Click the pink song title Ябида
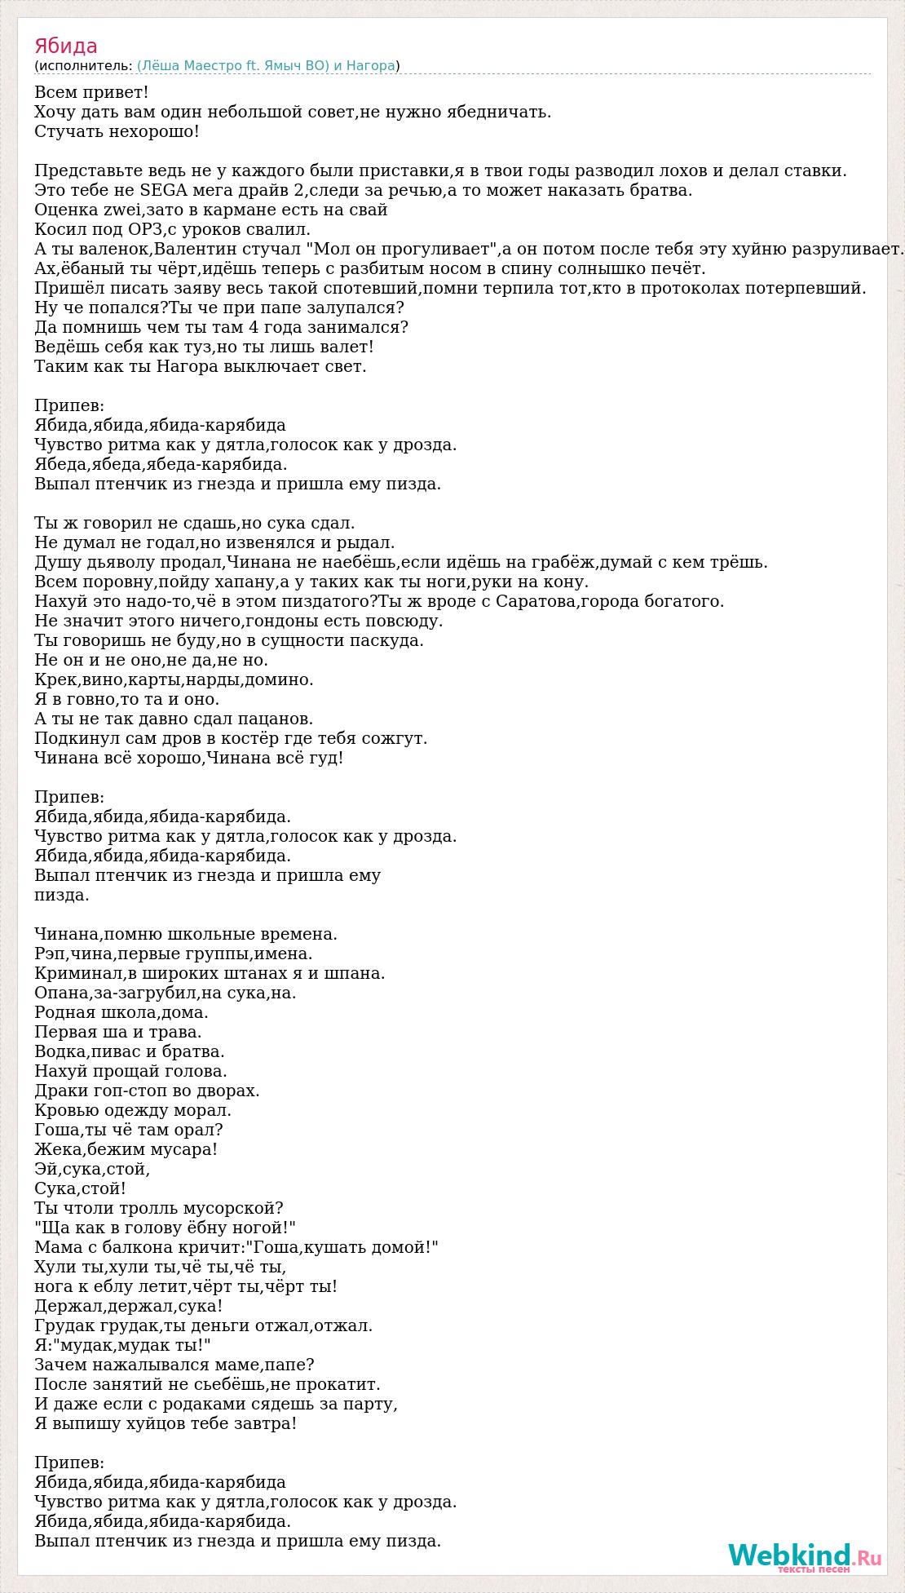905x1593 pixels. pos(66,46)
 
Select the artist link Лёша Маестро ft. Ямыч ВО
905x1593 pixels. pos(232,66)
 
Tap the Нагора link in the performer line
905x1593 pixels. pos(372,66)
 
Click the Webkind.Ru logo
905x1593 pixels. pos(805,1555)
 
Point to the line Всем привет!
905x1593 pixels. pos(91,92)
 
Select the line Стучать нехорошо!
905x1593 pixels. pos(117,131)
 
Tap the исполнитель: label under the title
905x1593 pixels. pos(85,66)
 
